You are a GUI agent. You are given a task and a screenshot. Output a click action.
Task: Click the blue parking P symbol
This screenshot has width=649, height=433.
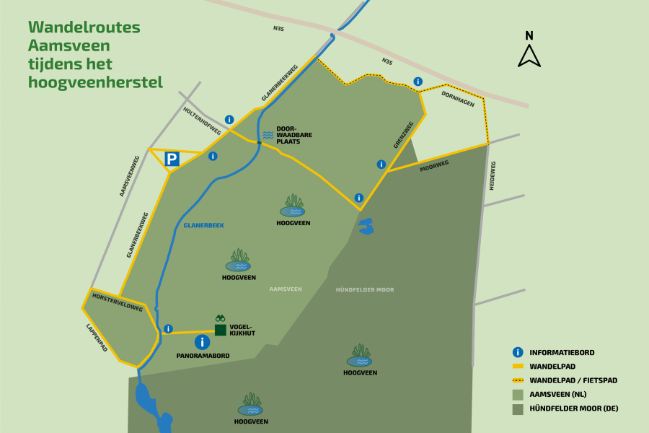pos(172,159)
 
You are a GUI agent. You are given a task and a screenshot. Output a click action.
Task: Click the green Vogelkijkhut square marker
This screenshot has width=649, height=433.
pos(221,330)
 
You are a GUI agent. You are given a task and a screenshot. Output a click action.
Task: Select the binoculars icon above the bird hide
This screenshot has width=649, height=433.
pos(221,318)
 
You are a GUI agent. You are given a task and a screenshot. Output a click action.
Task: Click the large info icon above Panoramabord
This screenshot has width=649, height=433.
pos(203,342)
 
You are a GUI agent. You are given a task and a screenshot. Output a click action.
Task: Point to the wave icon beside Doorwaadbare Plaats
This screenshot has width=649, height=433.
pos(268,135)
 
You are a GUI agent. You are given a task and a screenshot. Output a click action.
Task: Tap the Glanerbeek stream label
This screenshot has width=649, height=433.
pos(203,225)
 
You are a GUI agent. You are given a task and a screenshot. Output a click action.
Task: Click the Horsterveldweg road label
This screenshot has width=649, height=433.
pos(118,302)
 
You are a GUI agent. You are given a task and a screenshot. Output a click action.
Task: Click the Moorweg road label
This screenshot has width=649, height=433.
pos(434,166)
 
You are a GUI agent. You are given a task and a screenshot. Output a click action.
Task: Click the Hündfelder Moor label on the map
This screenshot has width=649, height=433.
pos(365,289)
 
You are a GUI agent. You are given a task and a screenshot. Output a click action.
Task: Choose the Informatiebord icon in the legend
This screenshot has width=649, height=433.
pos(518,352)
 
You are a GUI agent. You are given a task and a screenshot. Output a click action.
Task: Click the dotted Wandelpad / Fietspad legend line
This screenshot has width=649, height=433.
pos(518,380)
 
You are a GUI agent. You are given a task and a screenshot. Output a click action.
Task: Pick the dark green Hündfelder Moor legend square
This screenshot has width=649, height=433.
pos(518,408)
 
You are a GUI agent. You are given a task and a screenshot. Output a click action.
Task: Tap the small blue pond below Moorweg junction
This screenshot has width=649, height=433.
pos(366,227)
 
